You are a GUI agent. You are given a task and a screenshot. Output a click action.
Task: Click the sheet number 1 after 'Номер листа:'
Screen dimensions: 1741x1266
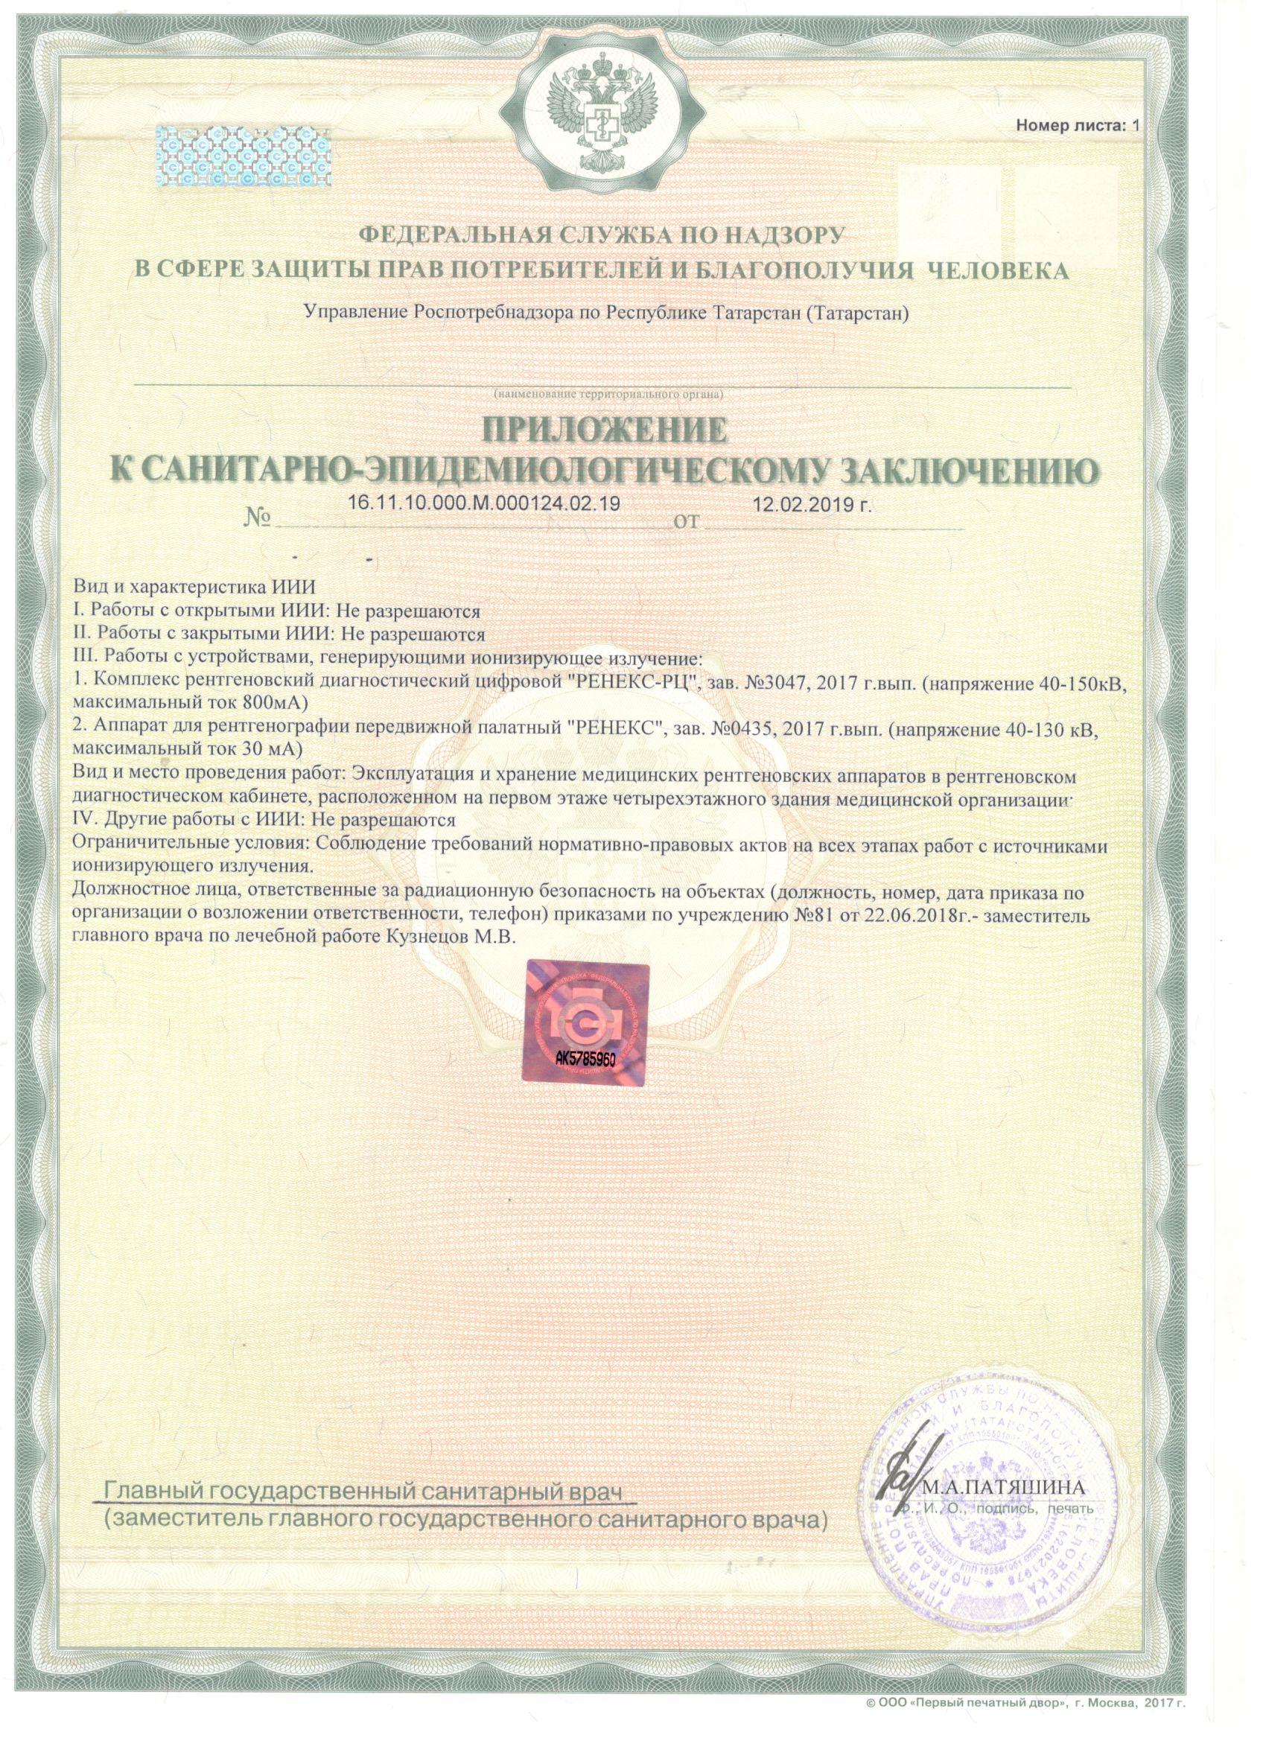pos(1137,125)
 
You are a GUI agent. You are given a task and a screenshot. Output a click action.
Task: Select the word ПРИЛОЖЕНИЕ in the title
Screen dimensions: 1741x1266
pos(603,430)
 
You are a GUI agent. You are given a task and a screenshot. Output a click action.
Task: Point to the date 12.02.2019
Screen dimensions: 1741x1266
pos(812,504)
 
